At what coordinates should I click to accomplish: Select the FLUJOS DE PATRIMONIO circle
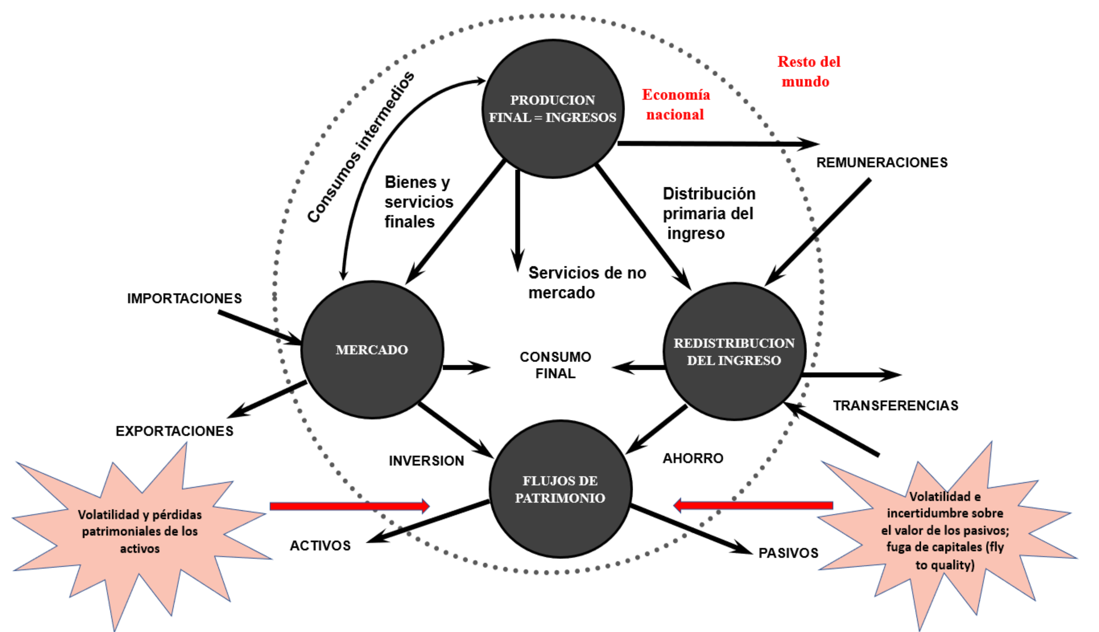560,489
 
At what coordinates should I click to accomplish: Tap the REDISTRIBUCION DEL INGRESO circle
734,352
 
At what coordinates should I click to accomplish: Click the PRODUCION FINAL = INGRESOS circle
553,109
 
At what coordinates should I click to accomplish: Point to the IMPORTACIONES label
184,299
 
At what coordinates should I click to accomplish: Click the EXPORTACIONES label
174,431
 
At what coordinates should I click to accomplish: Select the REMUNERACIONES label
882,162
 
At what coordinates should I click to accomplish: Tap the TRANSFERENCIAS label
895,405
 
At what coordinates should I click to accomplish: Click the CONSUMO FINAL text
555,365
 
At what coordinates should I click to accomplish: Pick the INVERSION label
426,460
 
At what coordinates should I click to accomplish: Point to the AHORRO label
692,458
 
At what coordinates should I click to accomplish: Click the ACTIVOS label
320,546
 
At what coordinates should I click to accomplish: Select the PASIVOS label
788,553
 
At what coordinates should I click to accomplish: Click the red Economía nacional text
676,105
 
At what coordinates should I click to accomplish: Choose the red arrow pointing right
349,506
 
